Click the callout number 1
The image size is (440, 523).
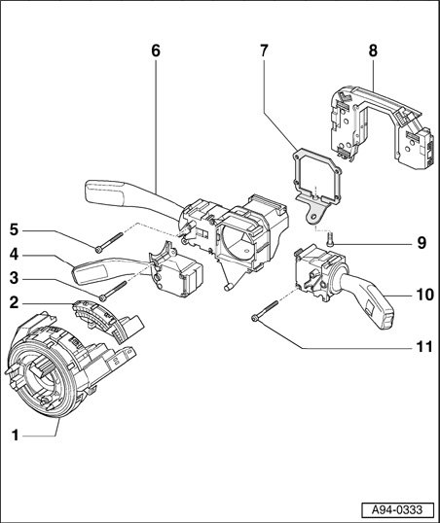click(16, 436)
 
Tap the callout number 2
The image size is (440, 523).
click(14, 303)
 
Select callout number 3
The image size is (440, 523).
click(14, 278)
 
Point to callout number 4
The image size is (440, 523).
click(14, 255)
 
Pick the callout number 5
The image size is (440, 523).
click(14, 229)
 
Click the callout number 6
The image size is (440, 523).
click(156, 51)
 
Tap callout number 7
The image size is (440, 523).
click(264, 51)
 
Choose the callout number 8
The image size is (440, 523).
click(373, 51)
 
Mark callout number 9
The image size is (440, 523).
click(422, 243)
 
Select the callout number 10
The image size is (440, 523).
click(424, 295)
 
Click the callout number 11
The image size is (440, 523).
click(424, 347)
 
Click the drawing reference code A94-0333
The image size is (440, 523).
click(397, 510)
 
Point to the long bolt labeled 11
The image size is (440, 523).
click(265, 310)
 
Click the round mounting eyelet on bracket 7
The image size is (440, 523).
click(313, 216)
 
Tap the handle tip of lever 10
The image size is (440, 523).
click(385, 319)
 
